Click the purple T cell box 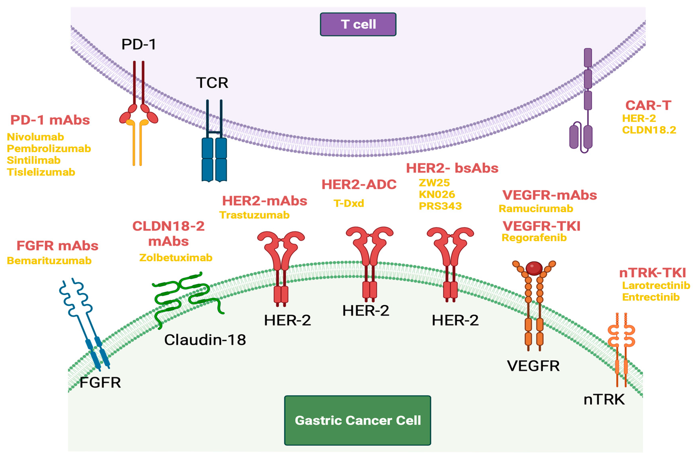(x=358, y=24)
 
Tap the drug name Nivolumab (x=35, y=137)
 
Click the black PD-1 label (x=139, y=44)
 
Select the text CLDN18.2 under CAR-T (x=649, y=130)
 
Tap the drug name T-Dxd (x=349, y=203)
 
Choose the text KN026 (x=437, y=194)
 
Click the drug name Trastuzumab (x=254, y=215)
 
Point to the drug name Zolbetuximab (x=176, y=258)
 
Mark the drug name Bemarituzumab (x=49, y=261)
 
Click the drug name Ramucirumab (x=536, y=209)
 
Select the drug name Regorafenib (x=534, y=238)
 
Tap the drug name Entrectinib (x=651, y=297)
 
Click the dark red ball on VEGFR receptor (x=534, y=268)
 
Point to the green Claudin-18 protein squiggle (x=187, y=295)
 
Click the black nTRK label (x=604, y=399)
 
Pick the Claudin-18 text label (x=205, y=340)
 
